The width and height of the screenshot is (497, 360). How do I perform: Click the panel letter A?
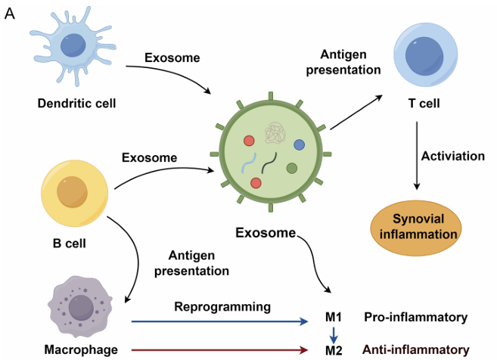[x=10, y=14]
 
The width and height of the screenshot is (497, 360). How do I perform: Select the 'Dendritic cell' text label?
[x=77, y=102]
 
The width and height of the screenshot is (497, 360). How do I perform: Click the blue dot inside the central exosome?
[x=299, y=144]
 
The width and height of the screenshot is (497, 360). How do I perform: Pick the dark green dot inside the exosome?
[x=291, y=168]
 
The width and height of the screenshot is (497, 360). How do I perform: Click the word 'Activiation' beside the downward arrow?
[x=453, y=157]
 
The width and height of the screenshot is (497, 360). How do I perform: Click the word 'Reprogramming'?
[x=222, y=306]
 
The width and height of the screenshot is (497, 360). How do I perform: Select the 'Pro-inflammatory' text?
[x=415, y=317]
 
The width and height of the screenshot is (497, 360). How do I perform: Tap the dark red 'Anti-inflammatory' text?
[x=416, y=349]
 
